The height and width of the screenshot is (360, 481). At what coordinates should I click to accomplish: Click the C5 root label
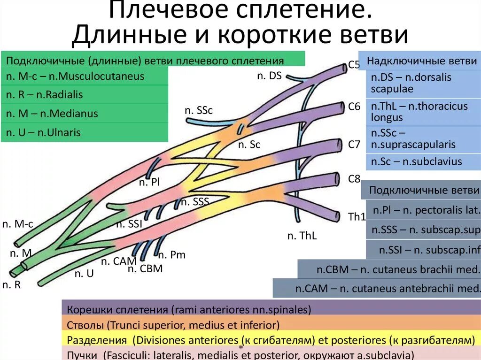click(x=354, y=65)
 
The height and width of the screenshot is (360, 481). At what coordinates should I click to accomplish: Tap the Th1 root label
click(x=357, y=217)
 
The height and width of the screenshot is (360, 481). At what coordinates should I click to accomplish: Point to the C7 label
click(x=354, y=145)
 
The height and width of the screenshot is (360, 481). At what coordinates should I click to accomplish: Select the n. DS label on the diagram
click(x=269, y=76)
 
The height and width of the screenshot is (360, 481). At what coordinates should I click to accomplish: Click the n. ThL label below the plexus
click(x=302, y=236)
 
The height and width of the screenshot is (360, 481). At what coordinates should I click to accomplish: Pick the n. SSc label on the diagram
click(x=199, y=111)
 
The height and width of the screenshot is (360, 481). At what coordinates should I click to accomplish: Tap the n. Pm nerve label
click(x=171, y=255)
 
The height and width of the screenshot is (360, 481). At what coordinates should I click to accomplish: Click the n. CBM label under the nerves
click(x=145, y=269)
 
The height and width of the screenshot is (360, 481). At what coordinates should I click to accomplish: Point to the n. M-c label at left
click(x=18, y=224)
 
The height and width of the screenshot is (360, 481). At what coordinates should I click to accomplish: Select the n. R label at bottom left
click(x=12, y=284)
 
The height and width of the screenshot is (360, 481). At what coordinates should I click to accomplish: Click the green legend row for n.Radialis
click(x=85, y=94)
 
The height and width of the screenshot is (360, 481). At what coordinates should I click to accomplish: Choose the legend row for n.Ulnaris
click(x=85, y=132)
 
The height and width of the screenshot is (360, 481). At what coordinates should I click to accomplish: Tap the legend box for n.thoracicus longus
click(x=423, y=112)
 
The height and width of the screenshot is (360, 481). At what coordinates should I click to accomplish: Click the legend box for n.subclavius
click(x=423, y=162)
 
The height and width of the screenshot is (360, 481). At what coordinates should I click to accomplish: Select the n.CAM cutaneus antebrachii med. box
click(x=377, y=288)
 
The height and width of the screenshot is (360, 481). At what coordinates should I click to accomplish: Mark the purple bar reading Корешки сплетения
click(x=270, y=309)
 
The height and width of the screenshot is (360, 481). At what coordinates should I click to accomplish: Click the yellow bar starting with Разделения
click(x=270, y=339)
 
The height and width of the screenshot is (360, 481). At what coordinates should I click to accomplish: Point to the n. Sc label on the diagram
click(x=249, y=145)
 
